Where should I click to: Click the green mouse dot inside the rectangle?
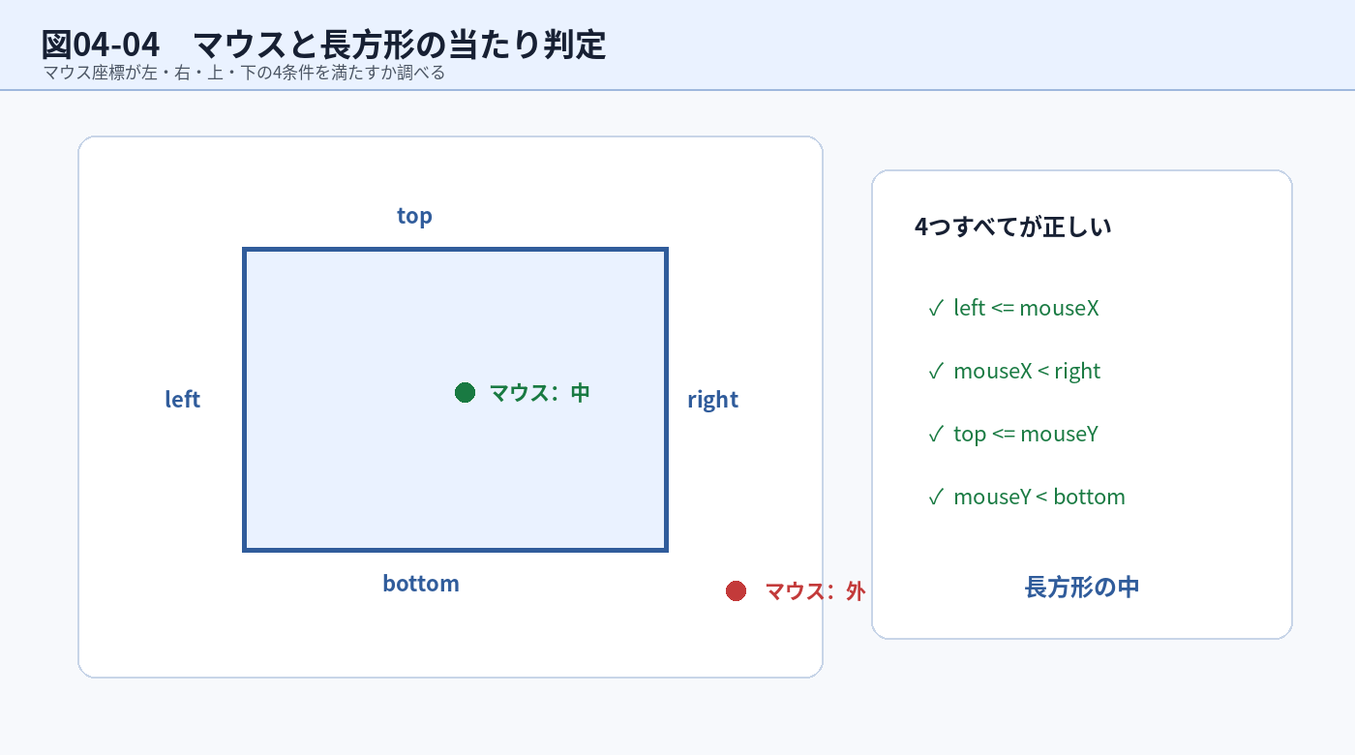click(x=465, y=393)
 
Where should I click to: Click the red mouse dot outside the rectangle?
click(x=736, y=591)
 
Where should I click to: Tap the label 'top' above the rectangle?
click(x=414, y=216)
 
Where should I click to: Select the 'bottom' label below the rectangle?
click(x=421, y=583)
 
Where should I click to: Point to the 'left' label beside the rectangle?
click(x=182, y=399)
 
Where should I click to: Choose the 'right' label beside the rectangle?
click(x=712, y=400)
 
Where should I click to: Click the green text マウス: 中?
click(x=540, y=393)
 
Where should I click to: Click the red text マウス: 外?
click(x=815, y=591)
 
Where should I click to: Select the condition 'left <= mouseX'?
click(x=1026, y=308)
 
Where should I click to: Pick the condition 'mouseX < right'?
click(x=1027, y=372)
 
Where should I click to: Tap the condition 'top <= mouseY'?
click(x=1026, y=435)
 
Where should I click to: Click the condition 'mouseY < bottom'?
click(x=1039, y=497)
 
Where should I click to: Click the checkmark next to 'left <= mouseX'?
click(x=936, y=309)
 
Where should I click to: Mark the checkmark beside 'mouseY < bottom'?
click(x=936, y=498)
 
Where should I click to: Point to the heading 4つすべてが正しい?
click(x=1013, y=226)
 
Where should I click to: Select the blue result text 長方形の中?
click(x=1082, y=587)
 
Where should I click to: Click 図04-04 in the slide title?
click(x=101, y=45)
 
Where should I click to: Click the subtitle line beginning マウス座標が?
click(x=244, y=73)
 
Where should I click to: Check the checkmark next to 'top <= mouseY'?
click(x=936, y=435)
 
